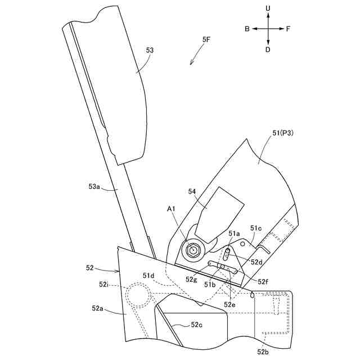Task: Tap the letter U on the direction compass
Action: point(268,8)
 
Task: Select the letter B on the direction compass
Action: point(247,28)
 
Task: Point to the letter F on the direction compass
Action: point(289,28)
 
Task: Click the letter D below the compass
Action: point(268,49)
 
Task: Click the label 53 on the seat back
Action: point(150,50)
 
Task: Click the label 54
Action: point(192,192)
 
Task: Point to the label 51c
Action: point(256,228)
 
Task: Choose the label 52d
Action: point(257,262)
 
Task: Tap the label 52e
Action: point(230,304)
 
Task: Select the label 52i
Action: point(103,285)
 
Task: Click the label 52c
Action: point(196,325)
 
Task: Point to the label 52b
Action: point(263,352)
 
